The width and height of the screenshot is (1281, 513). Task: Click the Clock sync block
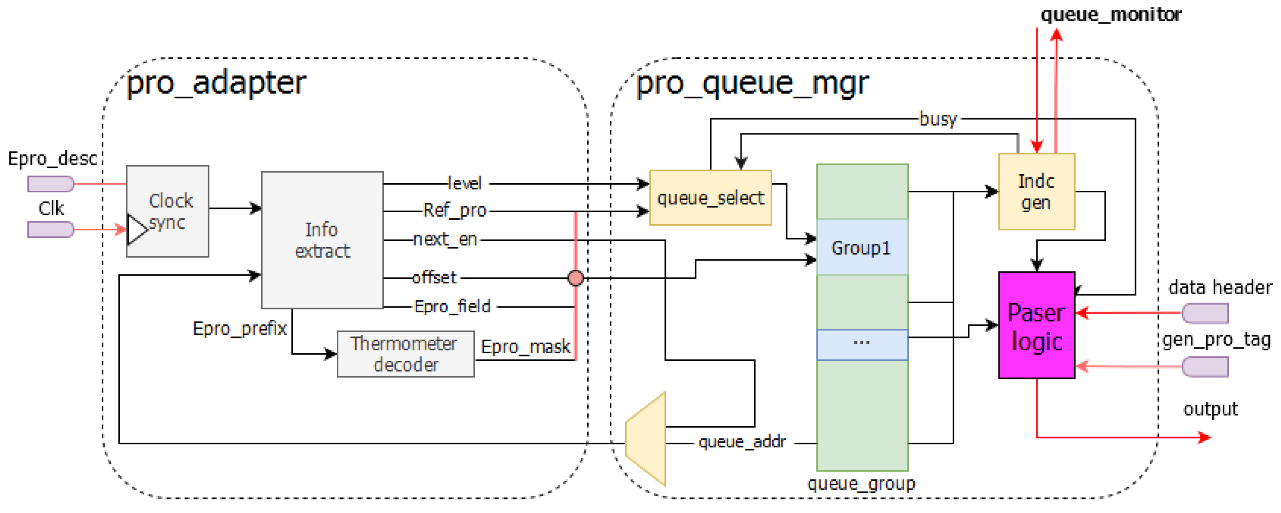168,211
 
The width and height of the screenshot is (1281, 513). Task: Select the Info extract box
322,240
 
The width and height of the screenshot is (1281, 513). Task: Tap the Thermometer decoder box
405,354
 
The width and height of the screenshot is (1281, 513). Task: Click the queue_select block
711,197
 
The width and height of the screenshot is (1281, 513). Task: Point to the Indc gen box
1036,192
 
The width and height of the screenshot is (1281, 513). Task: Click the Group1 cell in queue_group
862,247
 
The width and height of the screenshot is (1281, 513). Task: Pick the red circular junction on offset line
575,278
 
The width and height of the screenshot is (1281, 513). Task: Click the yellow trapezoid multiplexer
646,439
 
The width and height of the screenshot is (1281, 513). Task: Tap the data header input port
1205,314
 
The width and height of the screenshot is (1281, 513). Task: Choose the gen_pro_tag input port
1205,367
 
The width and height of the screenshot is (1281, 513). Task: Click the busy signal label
938,119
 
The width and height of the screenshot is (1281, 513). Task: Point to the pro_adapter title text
216,83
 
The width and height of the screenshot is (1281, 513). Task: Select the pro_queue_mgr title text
752,83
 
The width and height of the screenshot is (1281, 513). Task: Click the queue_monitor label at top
1111,14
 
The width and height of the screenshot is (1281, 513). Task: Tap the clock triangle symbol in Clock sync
136,229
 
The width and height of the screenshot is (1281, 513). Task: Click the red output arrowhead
1204,437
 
